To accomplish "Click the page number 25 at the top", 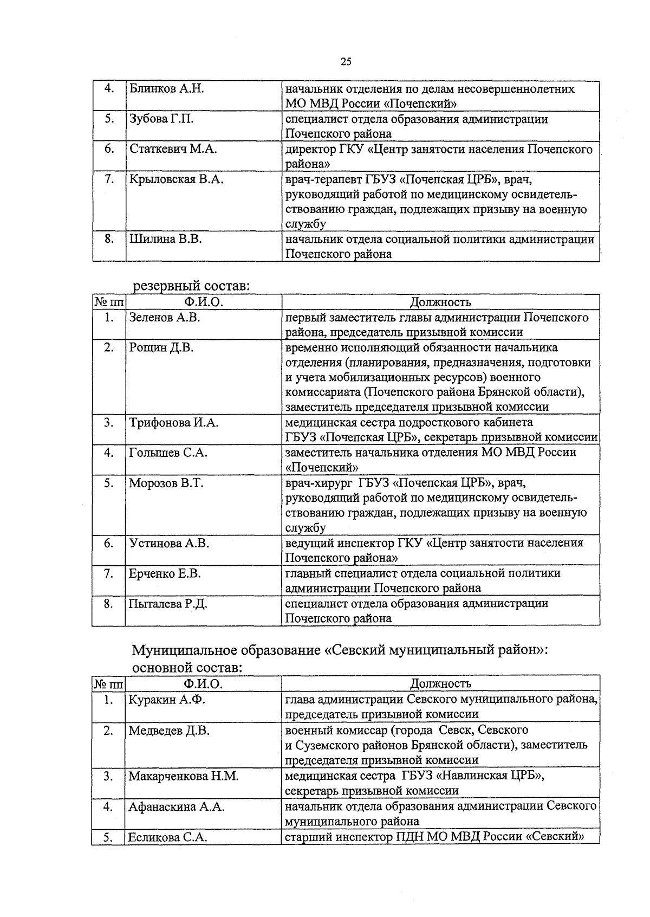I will click(346, 61).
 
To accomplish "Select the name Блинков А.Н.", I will click(166, 89).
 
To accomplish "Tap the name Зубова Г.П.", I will click(161, 119).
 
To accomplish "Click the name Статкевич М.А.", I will click(173, 150).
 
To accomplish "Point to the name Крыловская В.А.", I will click(176, 179).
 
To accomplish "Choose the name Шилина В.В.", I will click(165, 239).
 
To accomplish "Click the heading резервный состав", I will click(191, 286).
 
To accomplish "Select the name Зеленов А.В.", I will click(165, 318).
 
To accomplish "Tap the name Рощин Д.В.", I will click(161, 348).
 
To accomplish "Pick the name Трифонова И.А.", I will click(173, 423).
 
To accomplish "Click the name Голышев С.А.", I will click(168, 453).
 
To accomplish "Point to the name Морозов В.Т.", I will click(166, 483).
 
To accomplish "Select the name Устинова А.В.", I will click(169, 543).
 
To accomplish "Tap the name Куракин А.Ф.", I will click(166, 700).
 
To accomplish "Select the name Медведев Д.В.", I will click(169, 731).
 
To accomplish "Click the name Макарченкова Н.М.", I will click(183, 776).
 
